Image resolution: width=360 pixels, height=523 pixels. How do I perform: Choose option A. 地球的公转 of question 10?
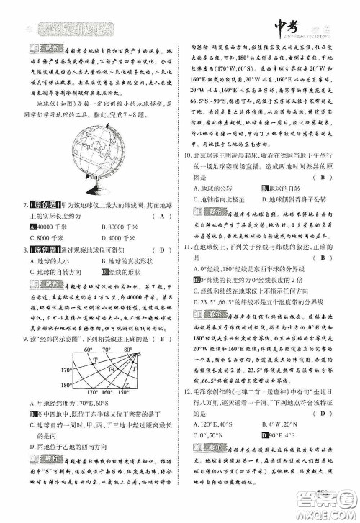coord(209,188)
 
